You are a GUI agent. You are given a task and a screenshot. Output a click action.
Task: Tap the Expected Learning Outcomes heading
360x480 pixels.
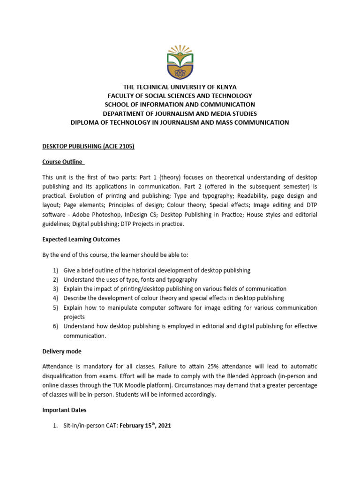click(81, 239)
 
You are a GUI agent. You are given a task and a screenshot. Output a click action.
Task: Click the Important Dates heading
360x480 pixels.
click(64, 410)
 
